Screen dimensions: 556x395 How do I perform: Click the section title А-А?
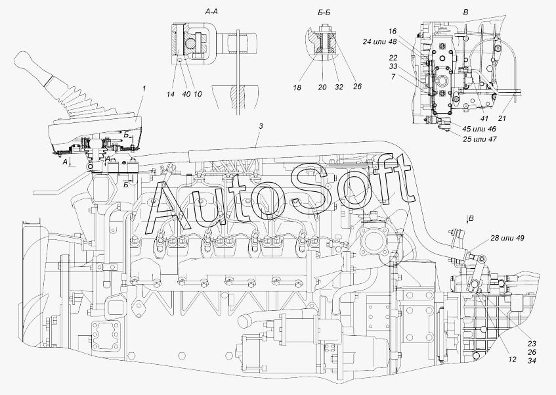tap(211, 12)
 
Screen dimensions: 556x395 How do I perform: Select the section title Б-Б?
tap(324, 12)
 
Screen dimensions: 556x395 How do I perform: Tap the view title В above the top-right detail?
tap(465, 12)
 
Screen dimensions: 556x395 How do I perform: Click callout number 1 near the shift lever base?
tap(144, 89)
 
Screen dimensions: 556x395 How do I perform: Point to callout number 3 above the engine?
tap(261, 126)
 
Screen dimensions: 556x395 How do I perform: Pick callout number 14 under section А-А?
tap(171, 94)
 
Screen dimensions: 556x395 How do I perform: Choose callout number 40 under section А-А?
tap(186, 94)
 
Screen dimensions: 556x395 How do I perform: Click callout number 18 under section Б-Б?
tap(297, 87)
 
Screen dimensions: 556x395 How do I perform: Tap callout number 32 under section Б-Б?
tap(339, 87)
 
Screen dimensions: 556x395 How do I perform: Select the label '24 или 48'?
tap(379, 42)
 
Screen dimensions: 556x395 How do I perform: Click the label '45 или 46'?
tap(479, 129)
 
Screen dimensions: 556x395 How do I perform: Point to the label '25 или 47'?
tap(479, 139)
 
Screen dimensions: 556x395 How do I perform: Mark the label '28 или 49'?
tap(507, 238)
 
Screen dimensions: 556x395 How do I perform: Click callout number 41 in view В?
tap(484, 118)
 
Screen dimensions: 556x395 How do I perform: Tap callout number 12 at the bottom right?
tap(512, 360)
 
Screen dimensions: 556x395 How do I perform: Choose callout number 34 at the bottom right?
tap(532, 361)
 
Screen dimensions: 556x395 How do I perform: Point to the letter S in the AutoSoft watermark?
tap(312, 189)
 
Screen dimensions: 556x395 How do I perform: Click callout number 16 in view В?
tap(392, 32)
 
